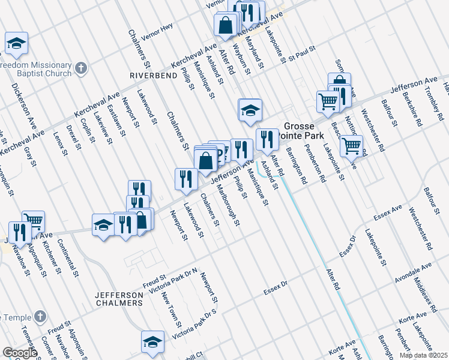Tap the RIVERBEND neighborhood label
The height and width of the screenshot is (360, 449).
(151, 76)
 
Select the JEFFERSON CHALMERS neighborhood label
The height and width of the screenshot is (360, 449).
(119, 299)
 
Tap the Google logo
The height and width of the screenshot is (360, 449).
(20, 353)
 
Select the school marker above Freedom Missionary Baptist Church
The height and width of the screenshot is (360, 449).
(17, 43)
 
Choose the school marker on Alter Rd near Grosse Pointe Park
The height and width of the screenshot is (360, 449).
(250, 110)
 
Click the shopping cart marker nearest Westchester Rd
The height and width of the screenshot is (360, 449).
(351, 145)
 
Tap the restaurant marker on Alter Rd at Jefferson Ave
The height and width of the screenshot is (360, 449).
(267, 139)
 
